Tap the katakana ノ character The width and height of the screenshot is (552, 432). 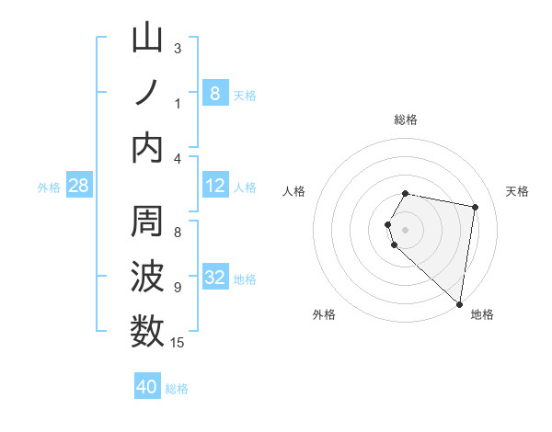tap(148, 93)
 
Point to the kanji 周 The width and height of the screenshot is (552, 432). tap(148, 223)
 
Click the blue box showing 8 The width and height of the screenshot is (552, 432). tap(214, 93)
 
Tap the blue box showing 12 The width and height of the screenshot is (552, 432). tap(214, 186)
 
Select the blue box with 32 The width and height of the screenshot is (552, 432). tap(214, 279)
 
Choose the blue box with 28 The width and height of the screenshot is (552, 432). tap(79, 187)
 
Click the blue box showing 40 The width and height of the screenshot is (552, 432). tap(147, 387)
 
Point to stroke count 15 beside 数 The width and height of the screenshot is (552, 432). tap(177, 343)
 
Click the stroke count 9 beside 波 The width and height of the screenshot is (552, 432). tap(177, 288)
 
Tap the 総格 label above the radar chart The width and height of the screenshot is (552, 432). tap(406, 119)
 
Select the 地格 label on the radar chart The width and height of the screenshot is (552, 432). tap(482, 314)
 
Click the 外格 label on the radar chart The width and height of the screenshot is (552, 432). tap(324, 314)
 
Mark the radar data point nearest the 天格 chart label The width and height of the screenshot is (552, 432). tap(476, 208)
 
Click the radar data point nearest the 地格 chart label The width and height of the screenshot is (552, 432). tap(459, 304)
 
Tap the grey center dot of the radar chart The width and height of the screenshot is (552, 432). tap(406, 228)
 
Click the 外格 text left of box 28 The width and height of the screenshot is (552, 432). tap(49, 188)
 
